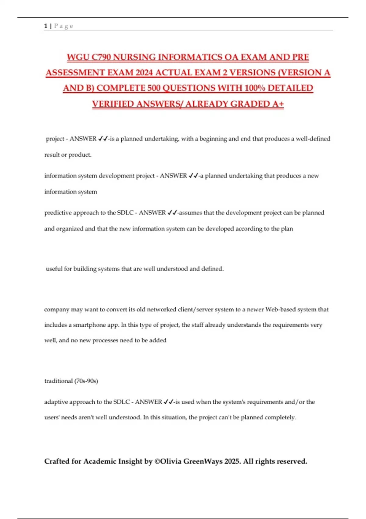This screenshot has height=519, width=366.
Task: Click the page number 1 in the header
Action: [46, 26]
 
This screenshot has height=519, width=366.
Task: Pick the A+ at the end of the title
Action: [278, 104]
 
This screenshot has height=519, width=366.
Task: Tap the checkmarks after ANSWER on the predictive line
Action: [172, 213]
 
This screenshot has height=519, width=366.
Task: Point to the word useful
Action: [54, 269]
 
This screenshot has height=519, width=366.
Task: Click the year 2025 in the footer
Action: [232, 461]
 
